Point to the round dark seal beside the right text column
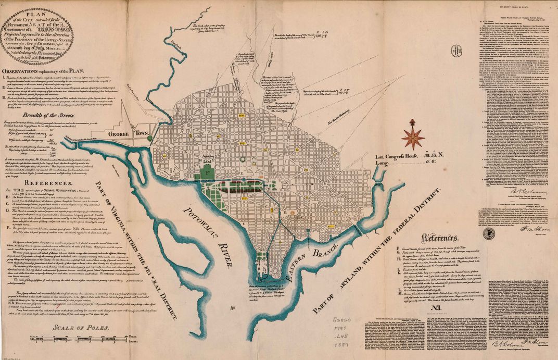coord(488,233)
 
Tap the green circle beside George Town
coord(150,139)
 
